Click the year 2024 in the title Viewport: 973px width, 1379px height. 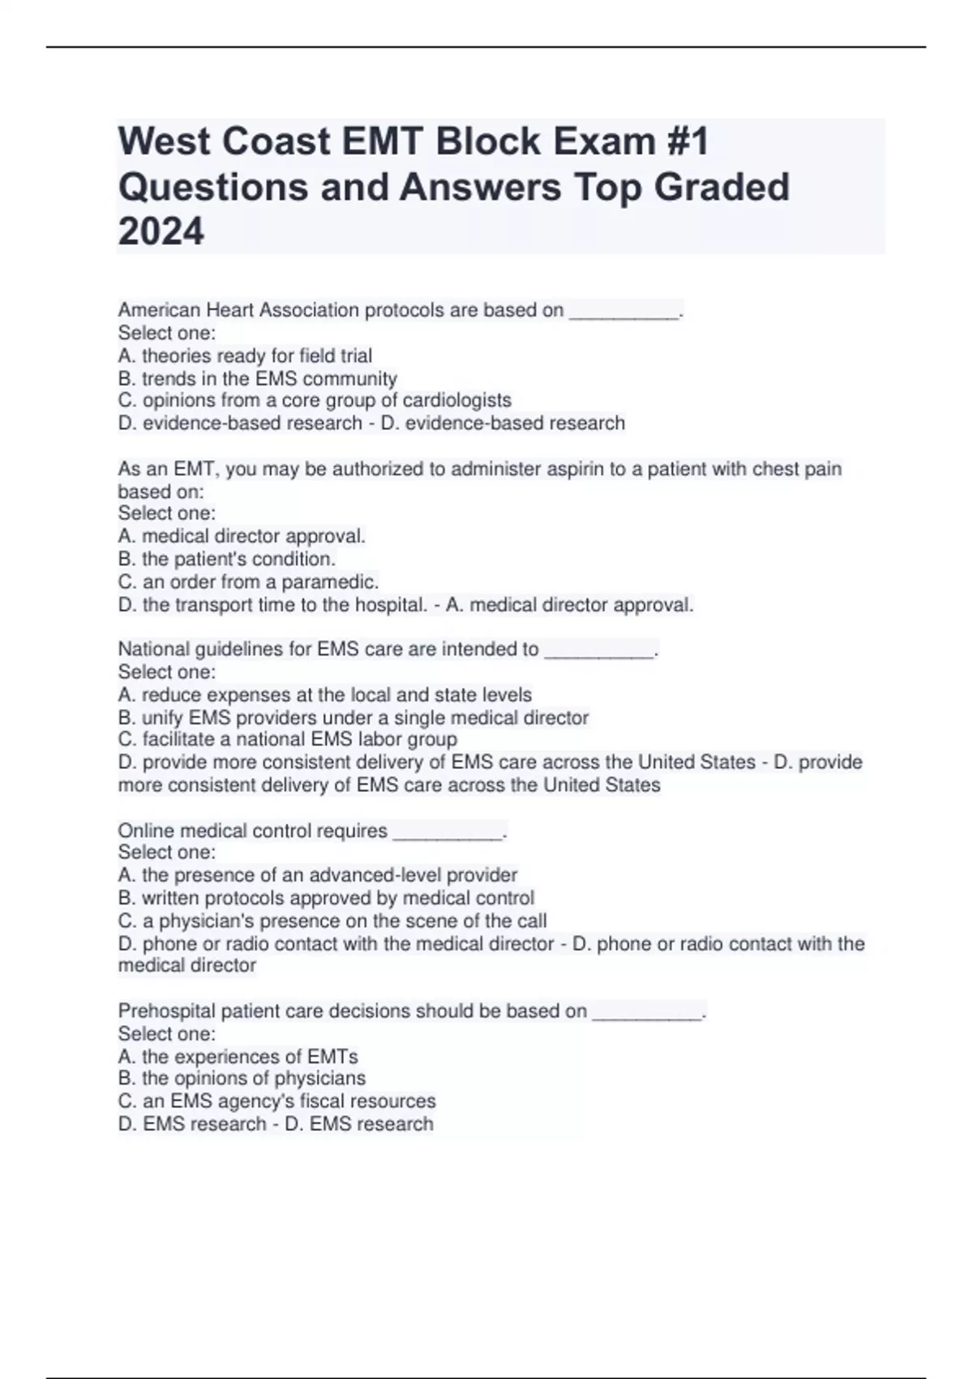[x=161, y=231]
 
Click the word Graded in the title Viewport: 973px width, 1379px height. [x=722, y=187]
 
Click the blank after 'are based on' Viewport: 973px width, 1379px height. [x=624, y=311]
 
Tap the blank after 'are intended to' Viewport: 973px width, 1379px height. [x=599, y=650]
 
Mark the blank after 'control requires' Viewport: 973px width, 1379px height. [x=448, y=831]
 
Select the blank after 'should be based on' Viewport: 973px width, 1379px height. [x=647, y=1012]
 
